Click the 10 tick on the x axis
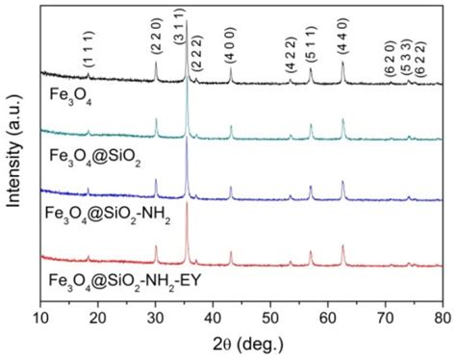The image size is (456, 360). pos(40,315)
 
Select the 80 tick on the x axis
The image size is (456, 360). pos(442,315)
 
